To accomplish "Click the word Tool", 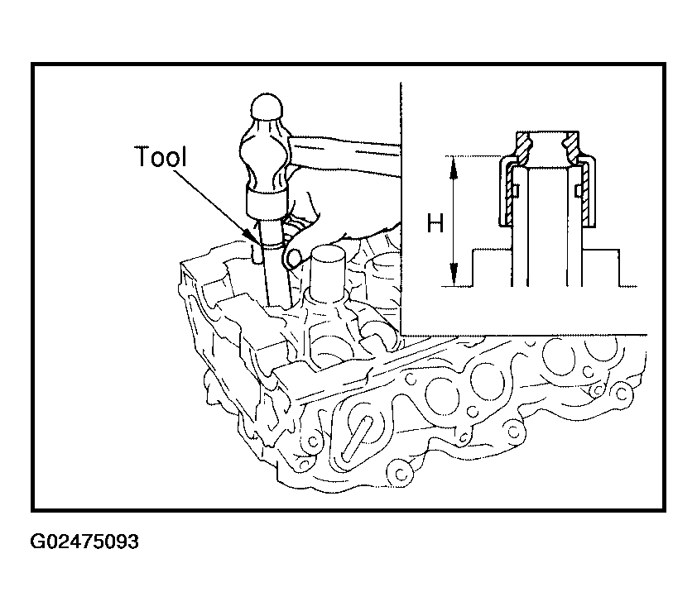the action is tap(161, 156).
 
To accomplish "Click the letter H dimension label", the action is tap(435, 223).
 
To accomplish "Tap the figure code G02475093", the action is tap(84, 542).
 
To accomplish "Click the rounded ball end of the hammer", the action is tap(267, 107).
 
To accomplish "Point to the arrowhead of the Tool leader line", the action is tap(250, 236).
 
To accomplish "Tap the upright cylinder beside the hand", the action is tap(328, 271).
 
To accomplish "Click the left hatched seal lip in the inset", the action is tap(524, 146).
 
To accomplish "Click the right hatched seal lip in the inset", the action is tap(570, 146).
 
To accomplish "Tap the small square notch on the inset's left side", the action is tap(517, 191).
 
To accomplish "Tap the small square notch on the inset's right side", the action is tap(578, 191).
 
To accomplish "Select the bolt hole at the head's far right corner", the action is tap(622, 394).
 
